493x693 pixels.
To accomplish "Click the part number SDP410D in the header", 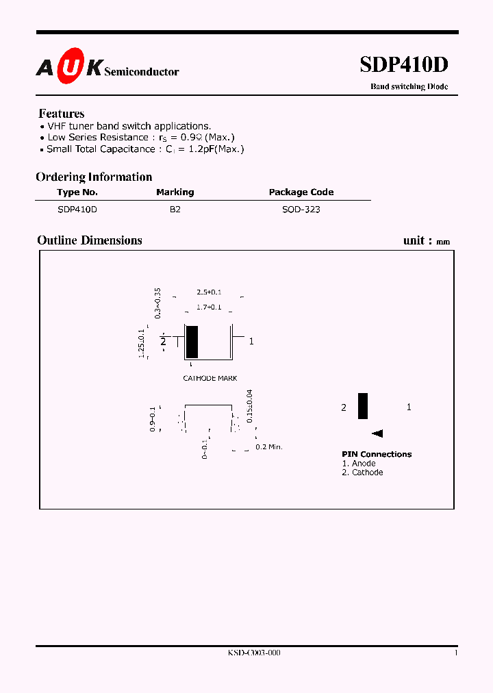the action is (404, 64).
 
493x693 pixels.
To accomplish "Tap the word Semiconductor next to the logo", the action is (142, 72).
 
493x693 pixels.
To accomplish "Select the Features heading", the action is (62, 114).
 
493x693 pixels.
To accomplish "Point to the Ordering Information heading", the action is (94, 177).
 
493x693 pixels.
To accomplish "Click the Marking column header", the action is (175, 192).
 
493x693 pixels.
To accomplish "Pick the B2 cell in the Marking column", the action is (175, 210).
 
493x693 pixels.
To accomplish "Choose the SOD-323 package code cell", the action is (301, 210).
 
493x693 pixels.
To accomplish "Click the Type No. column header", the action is (77, 192).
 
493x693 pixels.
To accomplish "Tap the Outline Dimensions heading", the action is (90, 240).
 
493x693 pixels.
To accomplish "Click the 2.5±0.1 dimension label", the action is (209, 292).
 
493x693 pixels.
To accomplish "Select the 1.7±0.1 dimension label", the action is (209, 307).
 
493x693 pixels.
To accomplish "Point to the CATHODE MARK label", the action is (210, 378).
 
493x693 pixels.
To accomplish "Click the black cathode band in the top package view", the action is (192, 342).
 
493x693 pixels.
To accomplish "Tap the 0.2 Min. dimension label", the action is (269, 446).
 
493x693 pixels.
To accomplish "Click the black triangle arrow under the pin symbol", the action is (377, 433).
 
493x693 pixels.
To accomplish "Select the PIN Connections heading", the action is (377, 454).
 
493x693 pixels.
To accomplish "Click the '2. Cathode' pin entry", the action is (363, 473).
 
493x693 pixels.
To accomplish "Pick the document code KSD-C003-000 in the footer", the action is (254, 653).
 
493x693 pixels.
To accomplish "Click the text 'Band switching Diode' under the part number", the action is (409, 87).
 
